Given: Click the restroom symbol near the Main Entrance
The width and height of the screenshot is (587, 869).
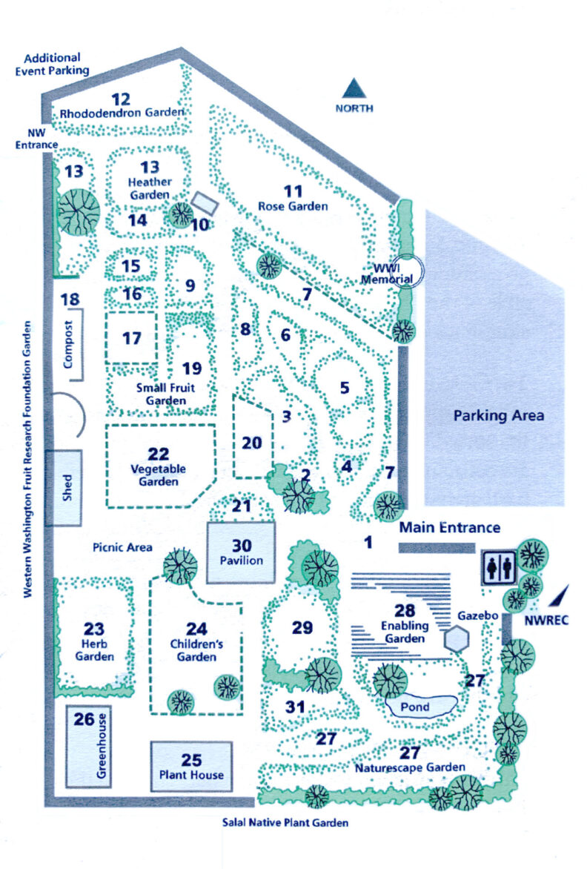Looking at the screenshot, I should (x=499, y=568).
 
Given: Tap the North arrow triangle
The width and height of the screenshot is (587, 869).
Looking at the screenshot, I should (x=354, y=89).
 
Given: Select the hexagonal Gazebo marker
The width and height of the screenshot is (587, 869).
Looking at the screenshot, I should (x=457, y=638).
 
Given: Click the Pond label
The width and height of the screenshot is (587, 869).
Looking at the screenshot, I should (x=415, y=707).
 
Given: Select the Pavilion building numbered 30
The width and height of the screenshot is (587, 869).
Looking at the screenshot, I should (x=242, y=552).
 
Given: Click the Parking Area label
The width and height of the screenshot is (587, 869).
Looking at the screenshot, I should (x=499, y=415).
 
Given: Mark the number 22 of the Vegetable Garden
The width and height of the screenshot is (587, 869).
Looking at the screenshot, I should (x=159, y=455).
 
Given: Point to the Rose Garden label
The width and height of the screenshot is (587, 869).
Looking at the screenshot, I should (x=293, y=206).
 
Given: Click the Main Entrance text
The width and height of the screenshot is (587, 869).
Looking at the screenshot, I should (x=450, y=528).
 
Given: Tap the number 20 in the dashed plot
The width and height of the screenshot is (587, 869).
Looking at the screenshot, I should (x=252, y=443).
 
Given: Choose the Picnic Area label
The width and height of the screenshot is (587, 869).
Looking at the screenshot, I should (x=123, y=548).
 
